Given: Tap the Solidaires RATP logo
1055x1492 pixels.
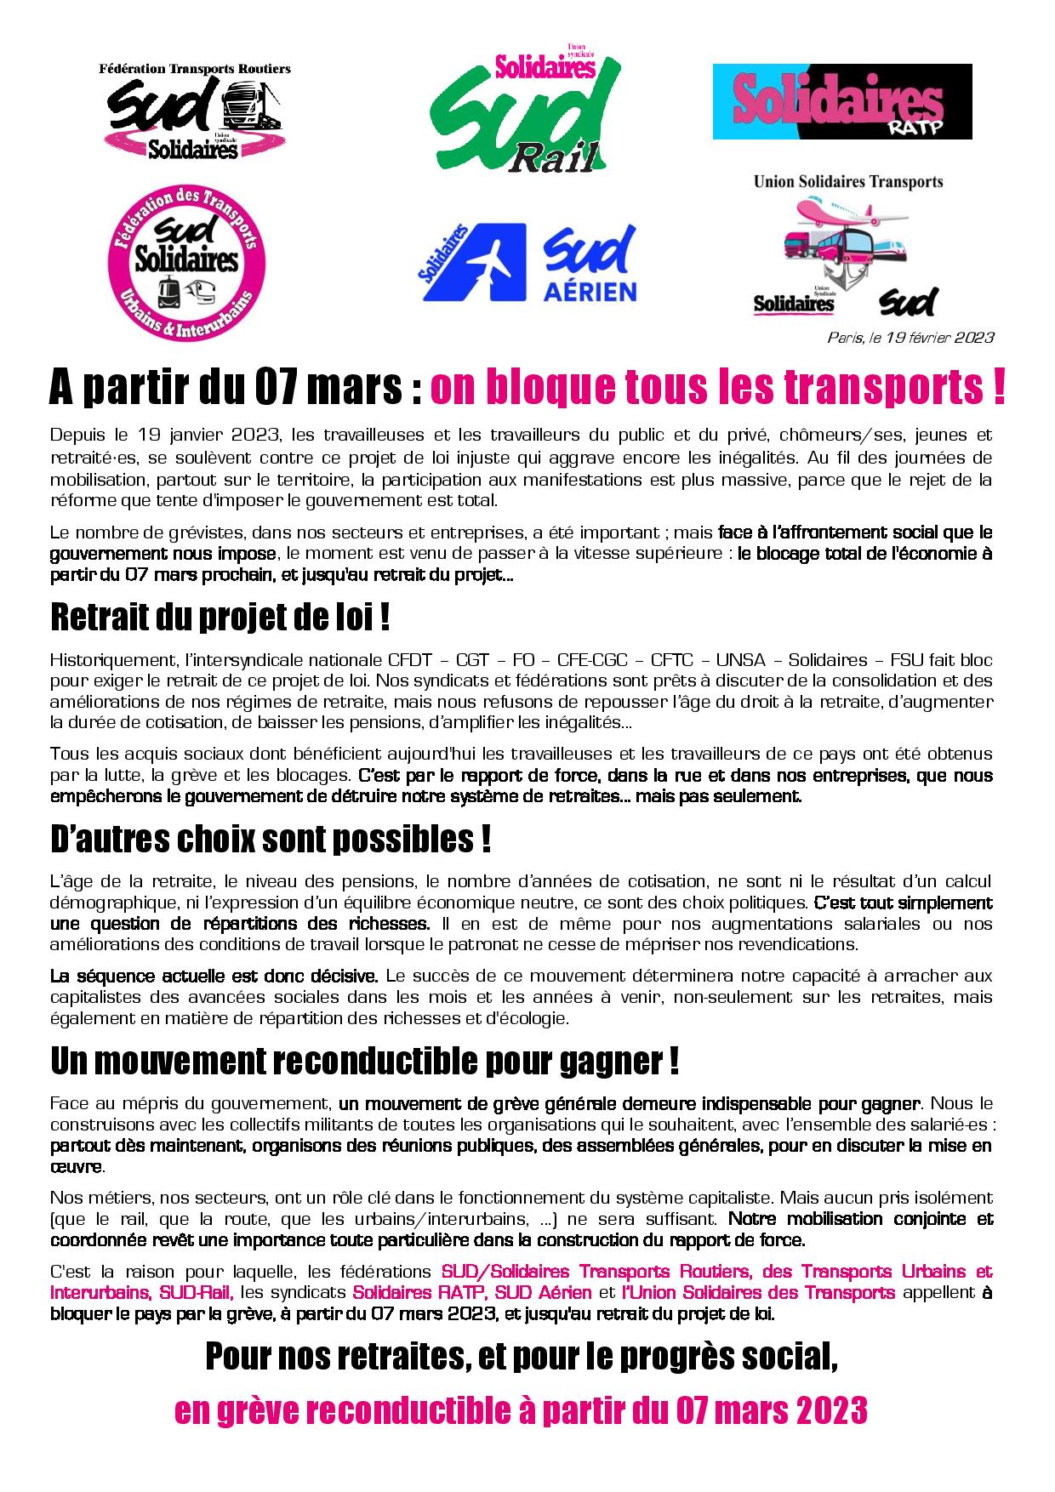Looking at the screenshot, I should coord(841,101).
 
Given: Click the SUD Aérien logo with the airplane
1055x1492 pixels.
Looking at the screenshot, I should coord(527,263).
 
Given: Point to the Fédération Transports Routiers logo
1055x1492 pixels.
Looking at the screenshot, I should coord(195,111).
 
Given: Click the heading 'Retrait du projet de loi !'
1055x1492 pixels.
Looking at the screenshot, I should coord(220,618).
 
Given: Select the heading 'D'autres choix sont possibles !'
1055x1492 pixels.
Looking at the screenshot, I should coord(271,840).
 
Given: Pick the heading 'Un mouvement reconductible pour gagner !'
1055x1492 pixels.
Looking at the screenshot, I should coord(364,1062).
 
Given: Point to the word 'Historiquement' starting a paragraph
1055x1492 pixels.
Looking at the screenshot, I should coord(105,660).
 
